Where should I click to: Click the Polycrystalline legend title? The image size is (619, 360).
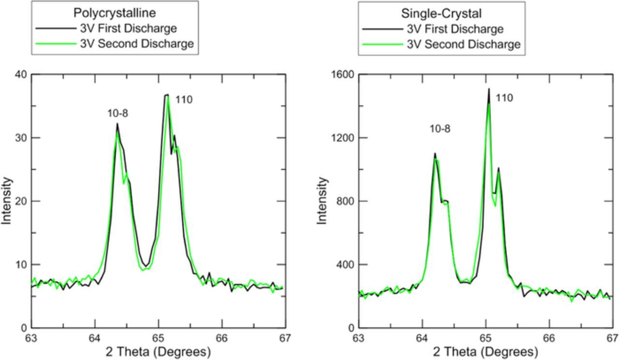point(115,13)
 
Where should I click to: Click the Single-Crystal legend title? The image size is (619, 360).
point(441,14)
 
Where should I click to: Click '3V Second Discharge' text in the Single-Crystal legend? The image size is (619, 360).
point(463,45)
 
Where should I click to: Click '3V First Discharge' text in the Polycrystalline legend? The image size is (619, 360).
point(128,28)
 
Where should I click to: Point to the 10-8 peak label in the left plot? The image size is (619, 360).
point(118,114)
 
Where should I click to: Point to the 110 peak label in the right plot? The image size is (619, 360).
point(504,98)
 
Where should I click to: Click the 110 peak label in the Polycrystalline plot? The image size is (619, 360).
point(184,100)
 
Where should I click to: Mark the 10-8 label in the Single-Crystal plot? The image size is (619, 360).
point(440,129)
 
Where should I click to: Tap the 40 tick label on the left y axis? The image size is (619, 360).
point(20,74)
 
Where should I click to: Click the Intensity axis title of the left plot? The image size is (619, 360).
point(7,200)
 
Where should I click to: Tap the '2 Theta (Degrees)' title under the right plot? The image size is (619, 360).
point(485,352)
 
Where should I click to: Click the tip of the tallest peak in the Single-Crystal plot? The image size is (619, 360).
point(489,89)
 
